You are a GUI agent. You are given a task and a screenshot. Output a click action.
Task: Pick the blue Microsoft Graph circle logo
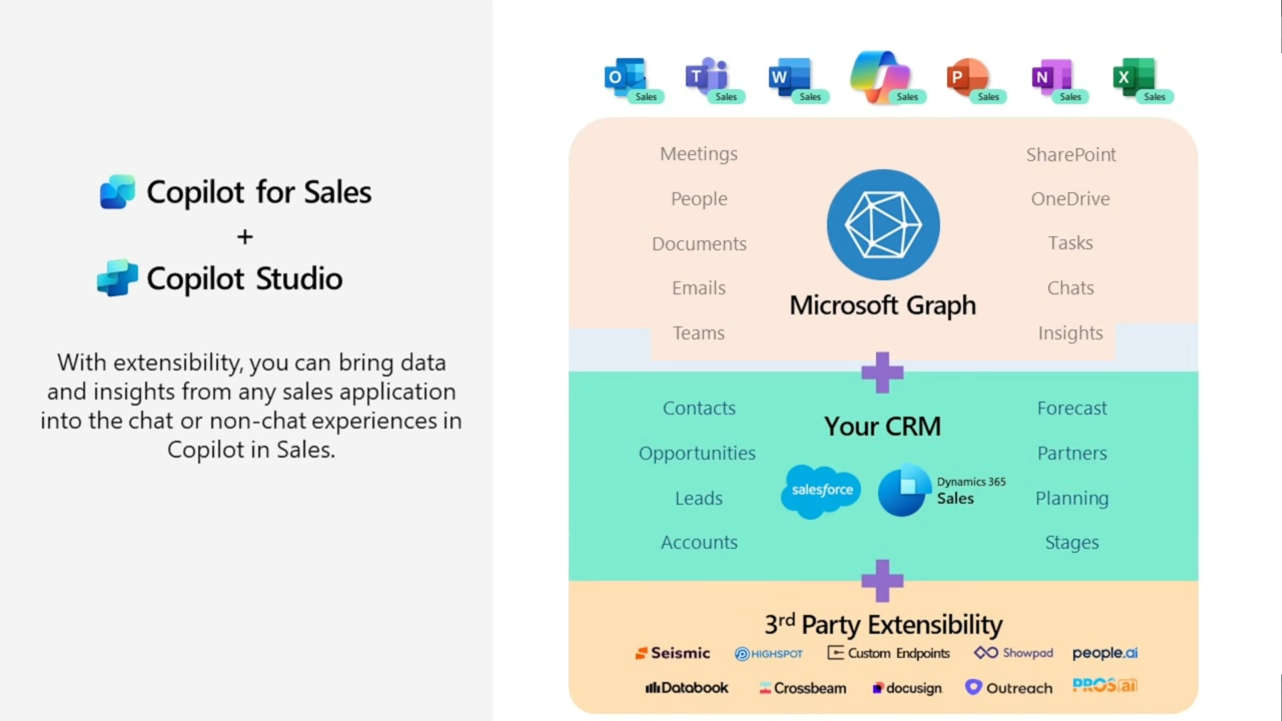[883, 224]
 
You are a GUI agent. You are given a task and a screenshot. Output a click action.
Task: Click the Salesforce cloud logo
[821, 490]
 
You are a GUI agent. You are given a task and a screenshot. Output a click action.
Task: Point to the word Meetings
[698, 154]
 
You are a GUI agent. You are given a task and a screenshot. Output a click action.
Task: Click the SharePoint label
[1071, 155]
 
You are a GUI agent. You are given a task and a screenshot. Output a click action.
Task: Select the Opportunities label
[697, 453]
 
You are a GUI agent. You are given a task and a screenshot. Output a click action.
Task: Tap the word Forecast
[1072, 408]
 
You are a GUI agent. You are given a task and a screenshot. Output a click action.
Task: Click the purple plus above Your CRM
[883, 373]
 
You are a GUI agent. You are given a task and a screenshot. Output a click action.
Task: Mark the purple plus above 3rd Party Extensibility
[883, 581]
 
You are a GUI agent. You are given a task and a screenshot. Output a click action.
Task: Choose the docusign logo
[907, 688]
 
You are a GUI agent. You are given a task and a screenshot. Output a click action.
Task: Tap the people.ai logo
[1105, 653]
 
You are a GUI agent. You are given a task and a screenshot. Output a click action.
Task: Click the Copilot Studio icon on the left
[118, 278]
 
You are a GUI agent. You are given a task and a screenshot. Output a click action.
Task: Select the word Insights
[1070, 333]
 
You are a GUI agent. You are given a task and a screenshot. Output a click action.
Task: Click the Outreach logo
[1008, 688]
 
